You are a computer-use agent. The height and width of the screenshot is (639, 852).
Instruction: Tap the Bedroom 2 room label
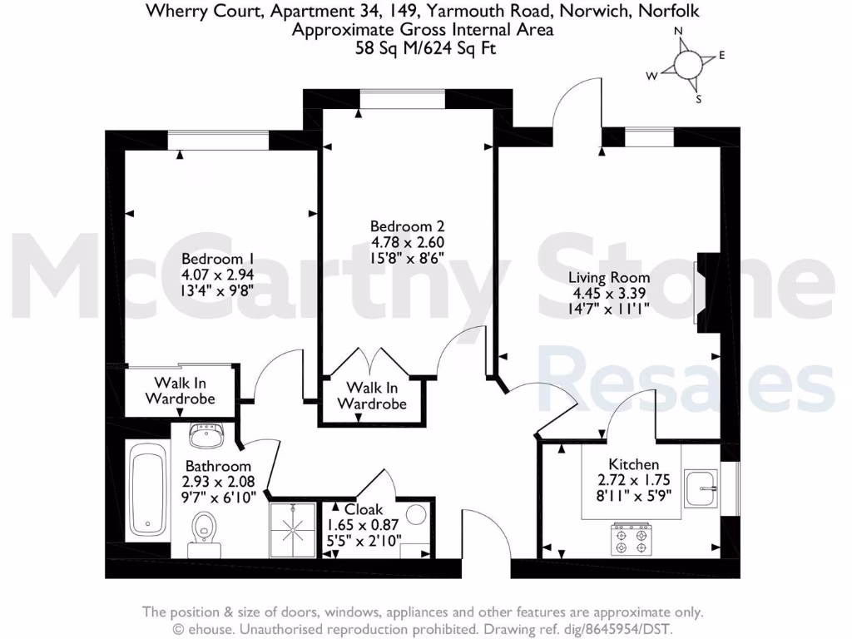tap(407, 226)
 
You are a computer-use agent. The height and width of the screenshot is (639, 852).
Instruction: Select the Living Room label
tap(609, 277)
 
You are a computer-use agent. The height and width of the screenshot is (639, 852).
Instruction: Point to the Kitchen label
tap(634, 464)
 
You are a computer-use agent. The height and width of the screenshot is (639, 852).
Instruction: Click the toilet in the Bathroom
tap(204, 530)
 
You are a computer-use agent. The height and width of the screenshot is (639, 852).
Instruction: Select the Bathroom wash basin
tap(203, 435)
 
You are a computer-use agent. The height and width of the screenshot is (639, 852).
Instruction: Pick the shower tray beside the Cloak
tap(293, 528)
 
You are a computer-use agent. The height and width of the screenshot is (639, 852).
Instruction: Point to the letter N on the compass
tap(678, 32)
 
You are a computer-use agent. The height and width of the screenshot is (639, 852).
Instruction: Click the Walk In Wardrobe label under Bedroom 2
tap(372, 396)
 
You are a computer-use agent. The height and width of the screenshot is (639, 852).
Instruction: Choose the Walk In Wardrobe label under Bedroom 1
tap(180, 390)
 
